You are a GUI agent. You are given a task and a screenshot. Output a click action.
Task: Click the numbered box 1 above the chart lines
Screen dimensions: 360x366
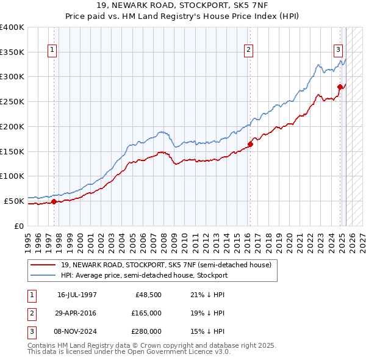[x=52, y=51]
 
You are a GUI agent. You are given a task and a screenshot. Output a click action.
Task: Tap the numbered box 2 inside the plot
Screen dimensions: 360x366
[x=249, y=51]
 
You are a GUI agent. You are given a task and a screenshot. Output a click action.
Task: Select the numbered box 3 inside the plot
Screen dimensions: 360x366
[x=338, y=51]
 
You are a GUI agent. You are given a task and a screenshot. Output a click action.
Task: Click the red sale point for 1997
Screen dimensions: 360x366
[x=54, y=201]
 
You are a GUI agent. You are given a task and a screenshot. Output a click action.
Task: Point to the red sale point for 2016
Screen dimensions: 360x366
[x=250, y=144]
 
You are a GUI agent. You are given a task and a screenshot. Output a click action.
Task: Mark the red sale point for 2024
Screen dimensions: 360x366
[x=340, y=87]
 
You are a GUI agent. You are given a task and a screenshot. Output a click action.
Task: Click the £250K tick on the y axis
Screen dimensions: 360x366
[x=12, y=101]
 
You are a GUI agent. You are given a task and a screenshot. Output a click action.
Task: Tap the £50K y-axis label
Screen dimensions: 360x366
[x=14, y=200]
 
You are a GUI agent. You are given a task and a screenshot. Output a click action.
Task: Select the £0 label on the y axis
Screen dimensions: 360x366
[x=19, y=225]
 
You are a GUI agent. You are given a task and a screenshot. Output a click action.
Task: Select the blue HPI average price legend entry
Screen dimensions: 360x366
[x=144, y=275]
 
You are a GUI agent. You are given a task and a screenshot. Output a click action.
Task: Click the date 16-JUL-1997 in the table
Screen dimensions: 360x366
[x=77, y=294]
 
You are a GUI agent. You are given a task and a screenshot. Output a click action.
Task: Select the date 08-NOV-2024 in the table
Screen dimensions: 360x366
[x=77, y=332]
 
